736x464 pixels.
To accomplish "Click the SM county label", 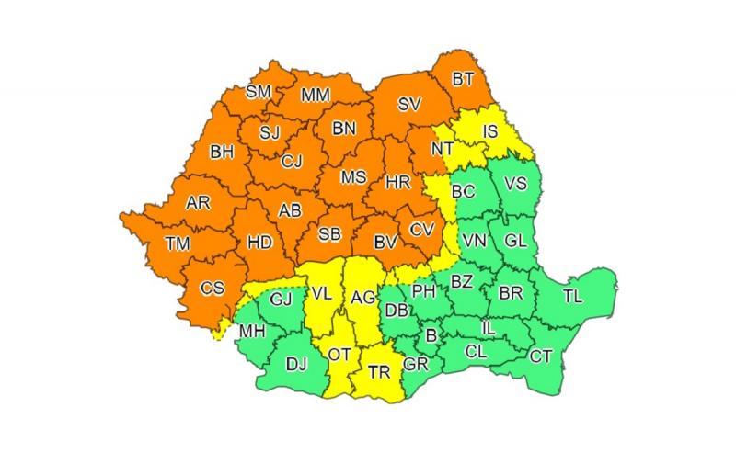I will point(258,91).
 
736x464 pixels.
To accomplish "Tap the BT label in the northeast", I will point(464,80).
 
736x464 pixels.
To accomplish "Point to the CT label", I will point(542,356).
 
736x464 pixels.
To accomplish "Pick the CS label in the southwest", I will point(213,289).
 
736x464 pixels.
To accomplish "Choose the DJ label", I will point(295,365).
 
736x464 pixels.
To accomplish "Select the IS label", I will point(490,131).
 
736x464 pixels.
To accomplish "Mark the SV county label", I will point(408,105).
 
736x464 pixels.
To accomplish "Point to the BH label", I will point(222,153).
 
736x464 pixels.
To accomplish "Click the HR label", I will point(398,183).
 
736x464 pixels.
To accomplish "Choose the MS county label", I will point(353,177).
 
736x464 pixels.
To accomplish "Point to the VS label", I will point(516,183).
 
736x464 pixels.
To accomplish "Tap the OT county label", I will point(339,353).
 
